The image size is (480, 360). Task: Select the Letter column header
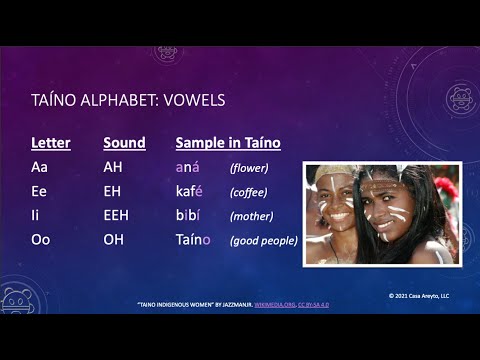tap(51, 143)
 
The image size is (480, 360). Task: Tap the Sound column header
tap(124, 143)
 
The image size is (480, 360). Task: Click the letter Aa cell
tap(40, 167)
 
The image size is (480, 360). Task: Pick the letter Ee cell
tap(40, 191)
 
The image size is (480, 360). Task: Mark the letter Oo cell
tap(41, 239)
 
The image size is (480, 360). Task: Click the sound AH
tap(113, 167)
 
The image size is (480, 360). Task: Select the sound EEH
tap(117, 215)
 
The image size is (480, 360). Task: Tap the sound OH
tap(113, 239)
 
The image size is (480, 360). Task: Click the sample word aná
tap(188, 167)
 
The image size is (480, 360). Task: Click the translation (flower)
tap(249, 168)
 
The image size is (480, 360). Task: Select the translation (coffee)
tap(250, 192)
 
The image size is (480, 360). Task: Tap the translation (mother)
tap(251, 216)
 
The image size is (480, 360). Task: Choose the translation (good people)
tap(264, 240)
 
